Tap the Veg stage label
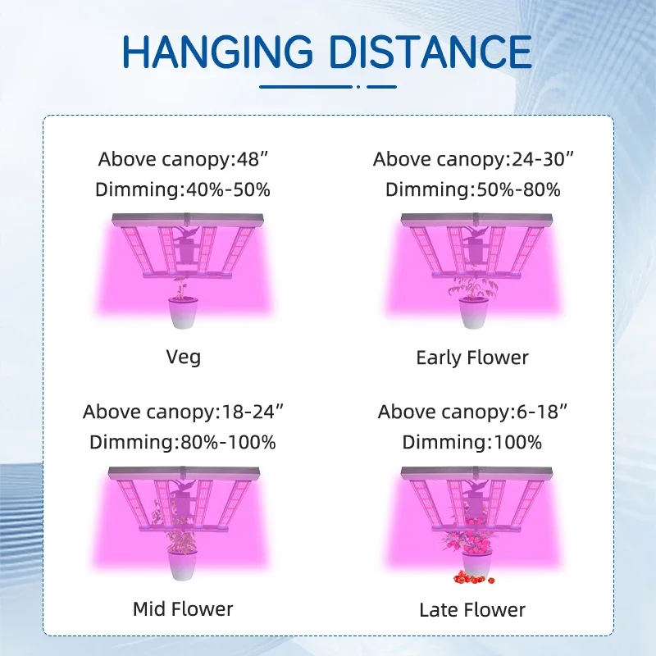tap(183, 358)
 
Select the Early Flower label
tap(472, 358)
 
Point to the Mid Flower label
tap(183, 609)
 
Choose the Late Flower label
tap(472, 610)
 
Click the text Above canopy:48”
tap(183, 159)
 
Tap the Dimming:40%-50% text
tap(183, 189)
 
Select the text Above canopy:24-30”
tap(473, 159)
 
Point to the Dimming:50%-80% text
tap(473, 189)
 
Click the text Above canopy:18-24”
tap(183, 412)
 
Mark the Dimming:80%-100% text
tap(183, 442)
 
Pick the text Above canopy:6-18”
tap(473, 412)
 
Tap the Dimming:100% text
tap(472, 442)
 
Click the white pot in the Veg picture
tap(183, 312)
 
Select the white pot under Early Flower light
tap(473, 312)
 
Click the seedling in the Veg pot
tap(181, 289)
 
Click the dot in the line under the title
tap(358, 87)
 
